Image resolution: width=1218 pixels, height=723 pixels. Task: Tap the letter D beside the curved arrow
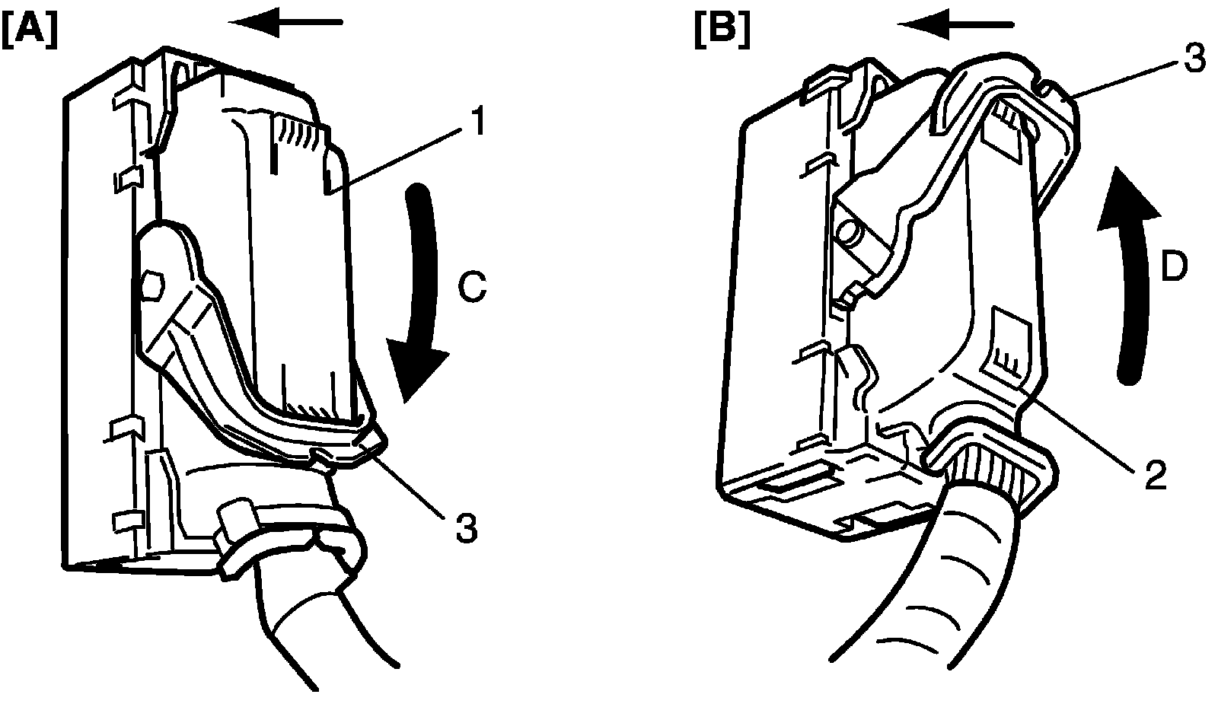pos(1173,268)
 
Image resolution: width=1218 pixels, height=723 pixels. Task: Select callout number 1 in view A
pos(475,123)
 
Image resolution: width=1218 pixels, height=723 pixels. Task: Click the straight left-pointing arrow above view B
pos(956,25)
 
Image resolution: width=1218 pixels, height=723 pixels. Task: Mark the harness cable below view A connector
pos(320,624)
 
